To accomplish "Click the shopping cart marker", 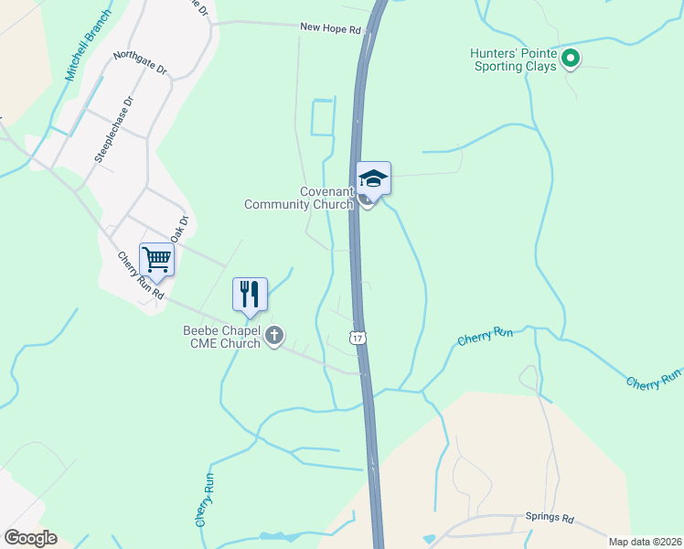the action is pos(156,259).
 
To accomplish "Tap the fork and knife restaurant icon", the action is pos(250,295).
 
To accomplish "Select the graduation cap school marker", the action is pos(373,178).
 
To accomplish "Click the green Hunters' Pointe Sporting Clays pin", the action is pos(571,59).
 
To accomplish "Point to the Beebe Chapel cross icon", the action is pos(274,337).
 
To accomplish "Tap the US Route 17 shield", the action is pos(358,337).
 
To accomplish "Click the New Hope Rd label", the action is pos(331,29).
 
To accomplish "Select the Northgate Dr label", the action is pos(141,62).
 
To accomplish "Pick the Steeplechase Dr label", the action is pos(113,129).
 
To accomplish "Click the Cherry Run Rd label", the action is pos(139,276).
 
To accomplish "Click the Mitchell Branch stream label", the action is pos(89,47).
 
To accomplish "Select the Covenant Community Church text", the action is pos(299,198).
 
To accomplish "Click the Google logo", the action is pos(30,537).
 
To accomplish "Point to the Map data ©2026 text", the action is pos(645,541).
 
